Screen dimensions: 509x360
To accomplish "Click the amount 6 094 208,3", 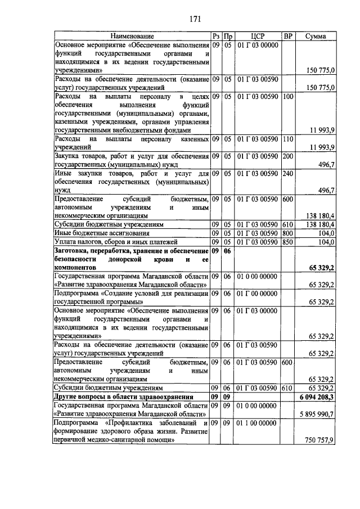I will point(316,397).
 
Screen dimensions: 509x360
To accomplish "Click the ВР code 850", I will point(288,241).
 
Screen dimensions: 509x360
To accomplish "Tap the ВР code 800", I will point(288,233).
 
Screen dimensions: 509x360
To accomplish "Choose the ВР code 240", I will point(288,174).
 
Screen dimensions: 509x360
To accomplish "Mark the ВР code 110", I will point(288,138).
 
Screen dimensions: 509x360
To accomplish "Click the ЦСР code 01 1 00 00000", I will point(258,422).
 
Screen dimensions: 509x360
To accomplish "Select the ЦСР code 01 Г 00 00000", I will point(258,293).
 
